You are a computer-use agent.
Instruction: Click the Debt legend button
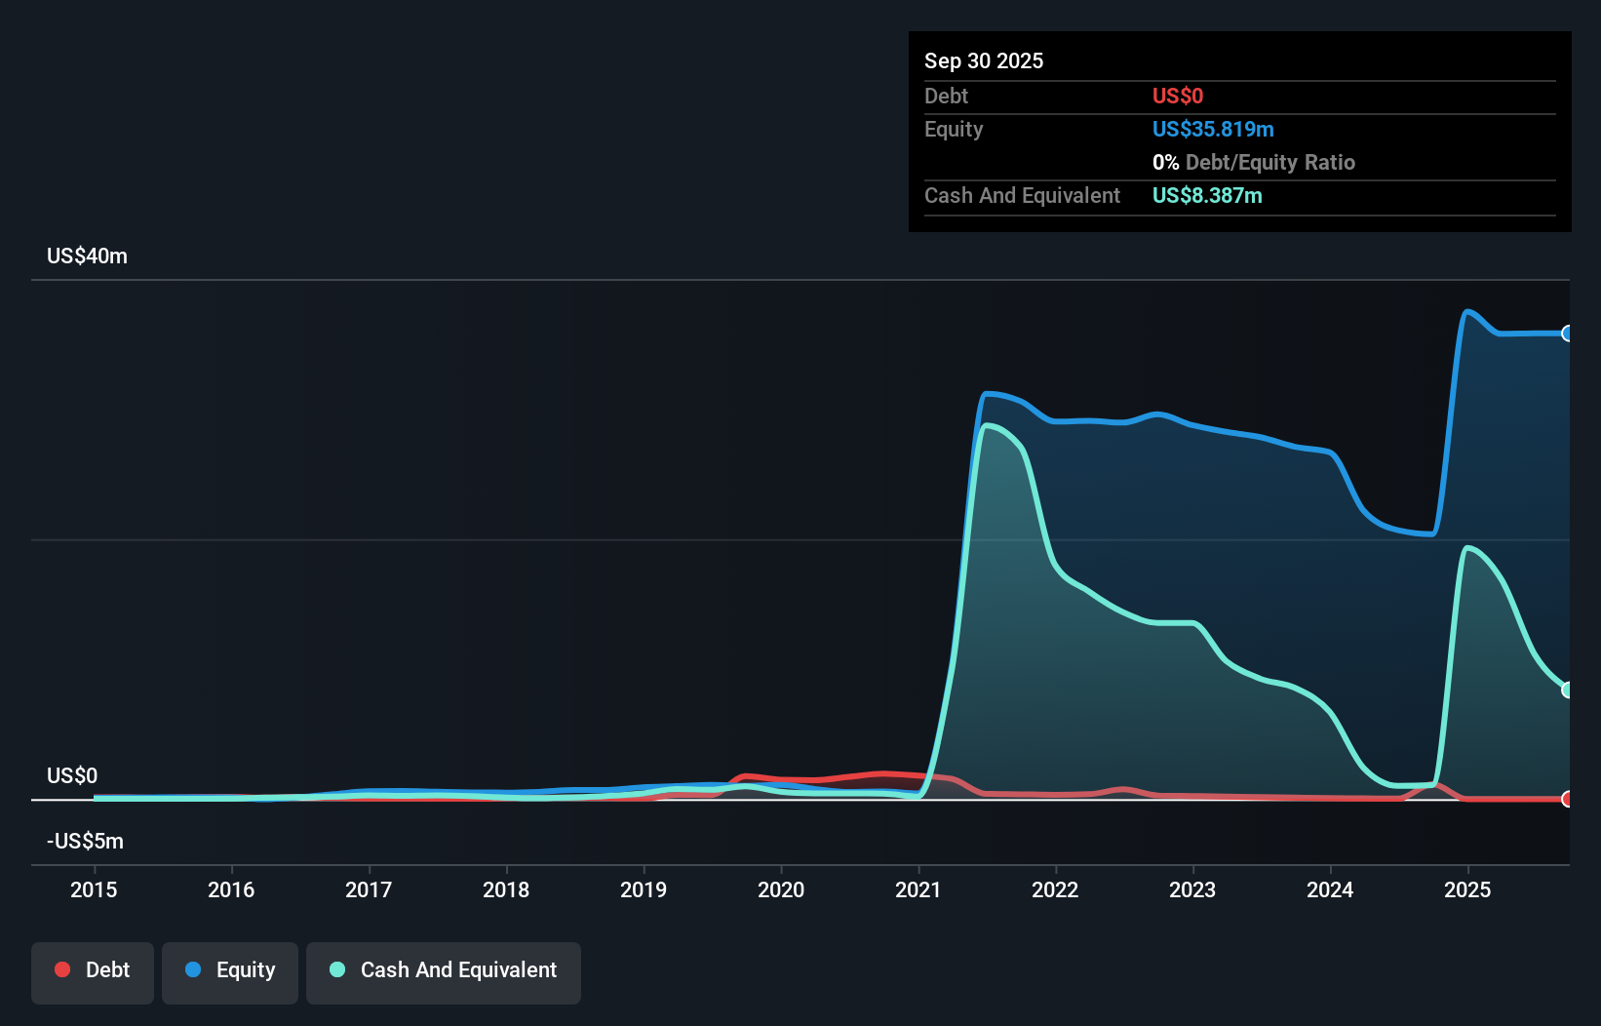(x=93, y=970)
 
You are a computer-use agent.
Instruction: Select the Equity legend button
(x=230, y=970)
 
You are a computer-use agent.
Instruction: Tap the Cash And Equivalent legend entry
(x=444, y=970)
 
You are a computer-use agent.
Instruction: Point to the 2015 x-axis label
(x=94, y=889)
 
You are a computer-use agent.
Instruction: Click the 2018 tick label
(x=506, y=889)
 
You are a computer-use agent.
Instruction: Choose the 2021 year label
(x=918, y=889)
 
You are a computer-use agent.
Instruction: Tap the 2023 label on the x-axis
(x=1192, y=889)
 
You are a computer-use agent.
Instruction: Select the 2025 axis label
(x=1467, y=889)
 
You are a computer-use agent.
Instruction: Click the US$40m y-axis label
(x=87, y=256)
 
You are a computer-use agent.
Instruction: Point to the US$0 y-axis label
(x=72, y=776)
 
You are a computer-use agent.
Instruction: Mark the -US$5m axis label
(x=85, y=842)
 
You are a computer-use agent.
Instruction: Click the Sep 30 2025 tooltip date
(x=984, y=61)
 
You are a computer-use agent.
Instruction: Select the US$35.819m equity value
(x=1213, y=130)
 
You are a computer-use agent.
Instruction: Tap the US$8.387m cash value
(x=1207, y=196)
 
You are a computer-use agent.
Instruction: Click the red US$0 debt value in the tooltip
(x=1178, y=97)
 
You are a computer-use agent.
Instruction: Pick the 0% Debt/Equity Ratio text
(x=1254, y=163)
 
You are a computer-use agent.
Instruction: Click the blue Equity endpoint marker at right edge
(x=1567, y=334)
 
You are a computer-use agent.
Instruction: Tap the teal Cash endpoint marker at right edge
(x=1567, y=690)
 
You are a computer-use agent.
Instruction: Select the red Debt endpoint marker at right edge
(x=1567, y=799)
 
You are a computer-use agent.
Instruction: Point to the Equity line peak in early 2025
(x=1466, y=312)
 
